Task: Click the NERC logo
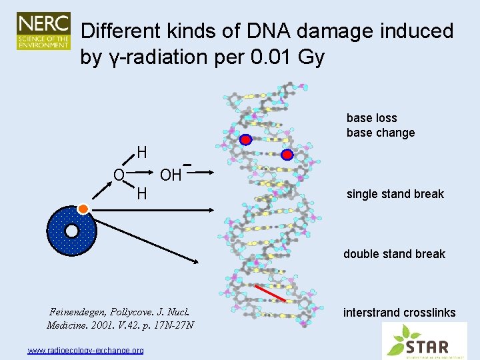[x=43, y=31]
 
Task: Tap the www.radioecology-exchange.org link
[x=85, y=350]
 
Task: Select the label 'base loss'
[x=371, y=118]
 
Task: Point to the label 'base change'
[x=380, y=133]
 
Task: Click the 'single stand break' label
[x=395, y=194]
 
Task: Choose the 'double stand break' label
[x=394, y=253]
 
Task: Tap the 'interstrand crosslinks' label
[x=399, y=312]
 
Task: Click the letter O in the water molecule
[x=118, y=175]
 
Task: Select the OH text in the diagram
[x=171, y=175]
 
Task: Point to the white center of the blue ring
[x=71, y=231]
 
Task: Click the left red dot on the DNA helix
[x=245, y=139]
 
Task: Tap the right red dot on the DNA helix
[x=287, y=155]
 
